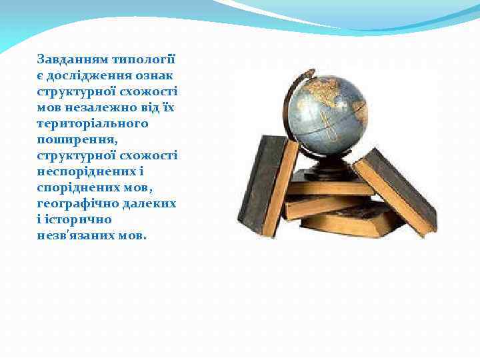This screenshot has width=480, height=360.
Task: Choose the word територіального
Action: point(93,123)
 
